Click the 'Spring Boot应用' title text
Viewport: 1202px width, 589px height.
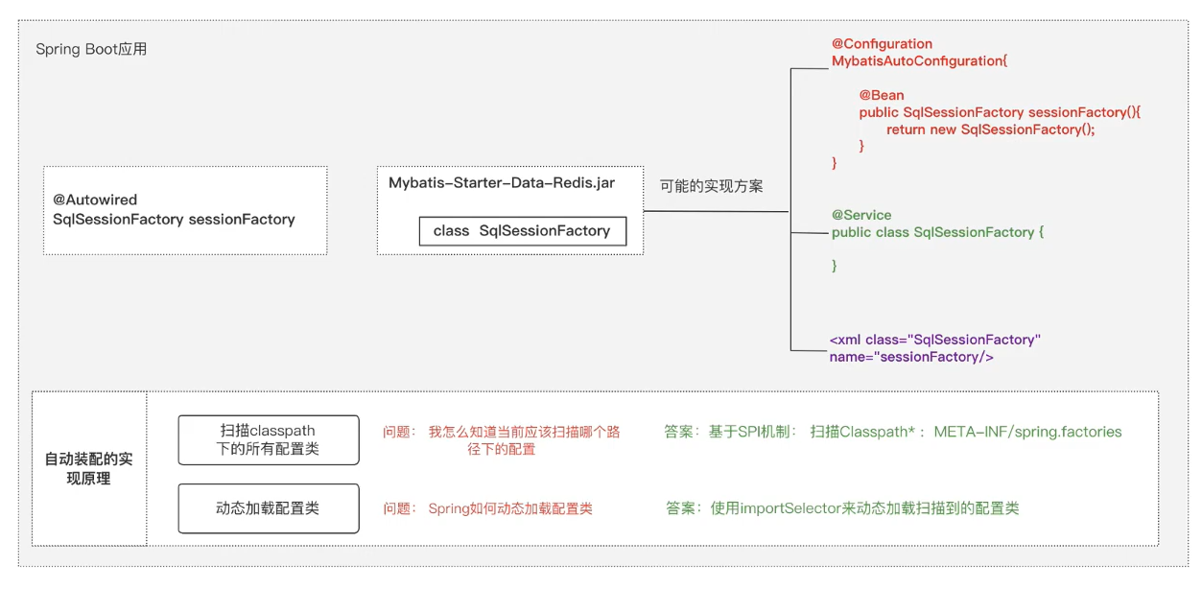click(x=91, y=49)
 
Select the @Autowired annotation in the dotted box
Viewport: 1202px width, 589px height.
click(x=95, y=200)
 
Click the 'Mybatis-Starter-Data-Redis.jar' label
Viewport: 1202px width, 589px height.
click(x=501, y=182)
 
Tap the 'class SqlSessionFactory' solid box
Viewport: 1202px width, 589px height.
click(x=522, y=231)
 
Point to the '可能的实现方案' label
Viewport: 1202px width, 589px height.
click(x=711, y=186)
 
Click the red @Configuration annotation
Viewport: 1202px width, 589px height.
click(x=882, y=44)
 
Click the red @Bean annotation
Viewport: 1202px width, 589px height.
click(x=882, y=96)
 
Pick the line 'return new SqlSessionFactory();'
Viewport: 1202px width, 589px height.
click(x=990, y=130)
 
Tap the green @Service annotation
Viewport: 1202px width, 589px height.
click(x=860, y=215)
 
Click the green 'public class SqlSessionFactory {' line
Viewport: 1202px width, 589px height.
click(x=936, y=232)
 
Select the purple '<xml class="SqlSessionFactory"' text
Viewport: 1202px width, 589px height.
click(x=934, y=340)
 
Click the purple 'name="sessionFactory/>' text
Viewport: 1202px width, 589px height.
click(x=910, y=357)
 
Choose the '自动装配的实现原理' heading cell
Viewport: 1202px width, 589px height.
click(x=89, y=468)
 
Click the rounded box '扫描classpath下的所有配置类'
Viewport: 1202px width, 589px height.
click(x=268, y=439)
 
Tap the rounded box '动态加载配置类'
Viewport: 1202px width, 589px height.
click(x=268, y=508)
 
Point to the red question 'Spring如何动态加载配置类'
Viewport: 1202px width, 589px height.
click(x=510, y=508)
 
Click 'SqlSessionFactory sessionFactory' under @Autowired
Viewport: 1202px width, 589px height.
click(x=174, y=220)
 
